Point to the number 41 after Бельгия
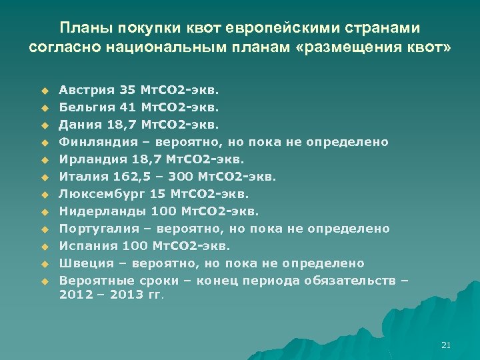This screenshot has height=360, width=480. [126, 107]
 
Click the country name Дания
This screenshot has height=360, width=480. [77, 124]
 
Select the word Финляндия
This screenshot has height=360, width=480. [93, 142]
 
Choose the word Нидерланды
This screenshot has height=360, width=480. [96, 211]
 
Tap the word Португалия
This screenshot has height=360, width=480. [96, 229]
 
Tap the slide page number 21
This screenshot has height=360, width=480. [446, 345]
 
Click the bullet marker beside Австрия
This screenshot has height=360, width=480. [45, 89]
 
